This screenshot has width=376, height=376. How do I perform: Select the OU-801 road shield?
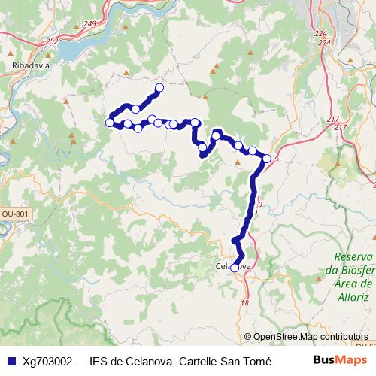pyautogui.click(x=16, y=214)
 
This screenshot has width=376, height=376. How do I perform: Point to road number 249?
pyautogui.click(x=90, y=25)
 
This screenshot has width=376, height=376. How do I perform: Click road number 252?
pyautogui.click(x=52, y=41)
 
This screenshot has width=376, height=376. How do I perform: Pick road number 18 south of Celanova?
pyautogui.click(x=244, y=302)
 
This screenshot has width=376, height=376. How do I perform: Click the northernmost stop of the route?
pyautogui.click(x=159, y=88)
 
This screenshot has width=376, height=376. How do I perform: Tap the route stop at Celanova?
pyautogui.click(x=235, y=268)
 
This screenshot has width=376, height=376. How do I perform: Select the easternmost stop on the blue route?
pyautogui.click(x=267, y=158)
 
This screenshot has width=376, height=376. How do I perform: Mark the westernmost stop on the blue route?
pyautogui.click(x=110, y=122)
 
